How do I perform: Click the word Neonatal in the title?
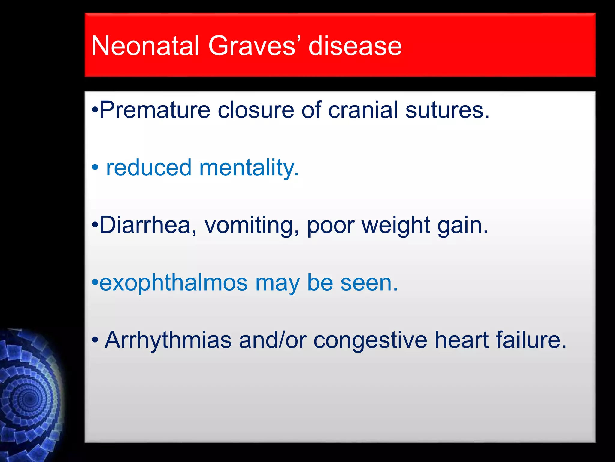coord(145,46)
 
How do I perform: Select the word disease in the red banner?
coord(355,46)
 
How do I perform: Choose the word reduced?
coord(149,168)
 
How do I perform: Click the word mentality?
coord(249,168)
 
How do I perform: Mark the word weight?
coord(396,225)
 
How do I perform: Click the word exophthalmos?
coord(174,283)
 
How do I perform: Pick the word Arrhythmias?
coord(168,340)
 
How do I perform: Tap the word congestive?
coord(370,340)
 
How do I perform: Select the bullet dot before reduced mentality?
coord(95,168)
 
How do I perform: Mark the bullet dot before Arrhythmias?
coord(95,340)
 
